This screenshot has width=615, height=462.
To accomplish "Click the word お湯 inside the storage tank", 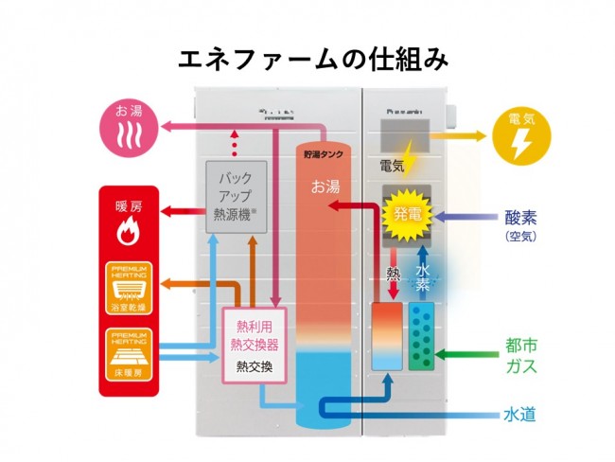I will [325, 187].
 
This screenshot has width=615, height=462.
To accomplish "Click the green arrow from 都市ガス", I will [469, 355].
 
